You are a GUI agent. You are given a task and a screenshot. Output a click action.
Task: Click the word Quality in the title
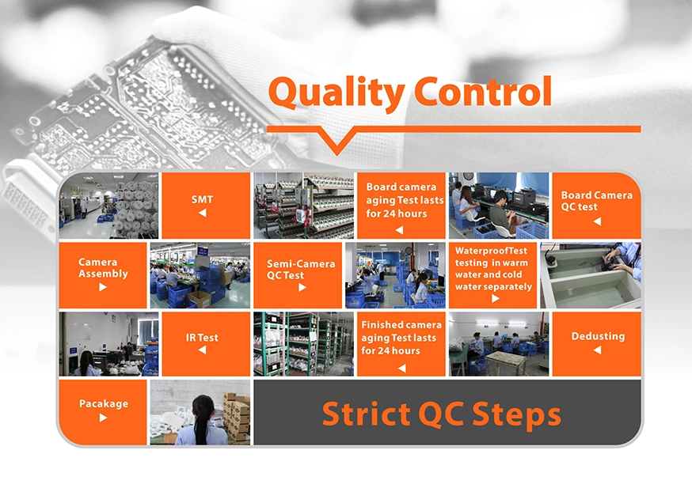(336, 93)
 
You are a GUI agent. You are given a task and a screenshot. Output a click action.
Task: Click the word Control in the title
(483, 91)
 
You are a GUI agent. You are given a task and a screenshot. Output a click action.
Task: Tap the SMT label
(202, 200)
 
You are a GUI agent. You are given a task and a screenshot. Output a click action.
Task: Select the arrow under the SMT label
(202, 213)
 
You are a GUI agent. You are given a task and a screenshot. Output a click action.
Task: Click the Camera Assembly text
(103, 268)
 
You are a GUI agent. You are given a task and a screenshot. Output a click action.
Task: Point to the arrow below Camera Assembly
(103, 287)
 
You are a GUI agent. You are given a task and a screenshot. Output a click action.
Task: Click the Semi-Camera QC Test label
(301, 270)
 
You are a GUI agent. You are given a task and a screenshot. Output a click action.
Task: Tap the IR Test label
(202, 338)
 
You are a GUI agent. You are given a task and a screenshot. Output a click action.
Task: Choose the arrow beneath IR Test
(202, 350)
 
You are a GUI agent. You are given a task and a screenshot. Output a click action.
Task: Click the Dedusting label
(598, 336)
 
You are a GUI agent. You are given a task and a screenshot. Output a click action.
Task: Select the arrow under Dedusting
(597, 350)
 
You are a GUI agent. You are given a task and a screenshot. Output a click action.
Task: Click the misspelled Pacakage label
(104, 404)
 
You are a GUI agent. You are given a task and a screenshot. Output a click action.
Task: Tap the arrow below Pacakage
(103, 418)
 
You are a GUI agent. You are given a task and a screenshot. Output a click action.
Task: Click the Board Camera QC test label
(597, 201)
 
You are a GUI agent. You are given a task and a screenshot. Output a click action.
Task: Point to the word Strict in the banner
(367, 414)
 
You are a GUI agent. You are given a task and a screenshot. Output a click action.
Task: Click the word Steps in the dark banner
(517, 415)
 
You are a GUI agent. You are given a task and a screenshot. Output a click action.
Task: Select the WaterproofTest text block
(493, 268)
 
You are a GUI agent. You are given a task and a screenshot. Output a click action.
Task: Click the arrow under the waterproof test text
(495, 298)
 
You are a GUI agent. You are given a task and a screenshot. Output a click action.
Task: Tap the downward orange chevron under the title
(337, 140)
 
